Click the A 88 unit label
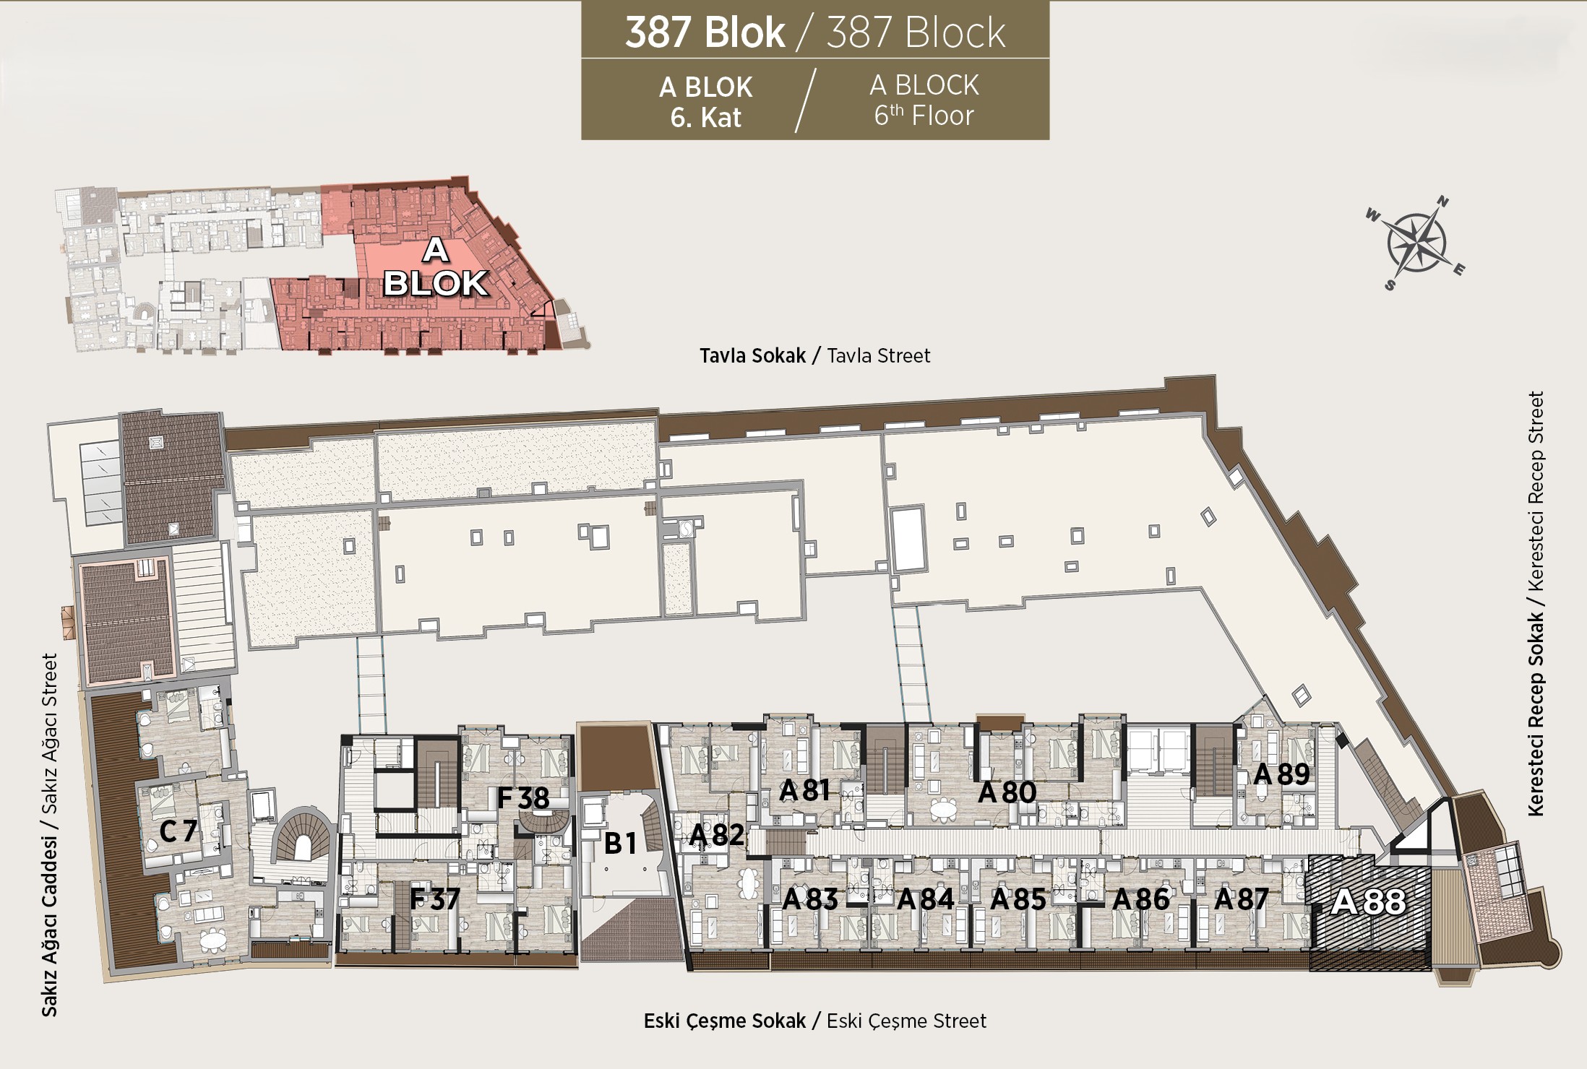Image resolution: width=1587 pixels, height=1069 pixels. [1369, 901]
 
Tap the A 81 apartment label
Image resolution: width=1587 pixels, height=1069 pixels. [804, 791]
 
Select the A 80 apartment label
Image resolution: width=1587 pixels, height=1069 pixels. [1007, 792]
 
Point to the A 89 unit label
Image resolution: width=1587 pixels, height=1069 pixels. [1281, 774]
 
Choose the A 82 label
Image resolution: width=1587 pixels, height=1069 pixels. [716, 835]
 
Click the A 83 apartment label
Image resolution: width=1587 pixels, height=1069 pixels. [810, 899]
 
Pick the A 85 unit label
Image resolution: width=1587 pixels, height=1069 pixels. [1018, 899]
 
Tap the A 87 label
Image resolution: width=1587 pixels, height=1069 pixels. [1242, 899]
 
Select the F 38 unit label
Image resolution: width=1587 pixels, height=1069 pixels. [523, 798]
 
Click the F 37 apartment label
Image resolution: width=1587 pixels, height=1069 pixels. [435, 899]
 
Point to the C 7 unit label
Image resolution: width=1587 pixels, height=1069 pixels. [178, 831]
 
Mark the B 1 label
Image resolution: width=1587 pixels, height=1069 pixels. [620, 843]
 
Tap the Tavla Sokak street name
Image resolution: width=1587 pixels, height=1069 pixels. [752, 355]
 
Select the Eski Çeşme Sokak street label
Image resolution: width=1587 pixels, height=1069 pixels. [725, 1021]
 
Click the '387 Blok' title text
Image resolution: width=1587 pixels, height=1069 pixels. [705, 33]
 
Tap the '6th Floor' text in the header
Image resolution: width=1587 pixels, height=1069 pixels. [924, 116]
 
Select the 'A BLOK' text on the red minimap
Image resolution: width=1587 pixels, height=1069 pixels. [435, 267]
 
